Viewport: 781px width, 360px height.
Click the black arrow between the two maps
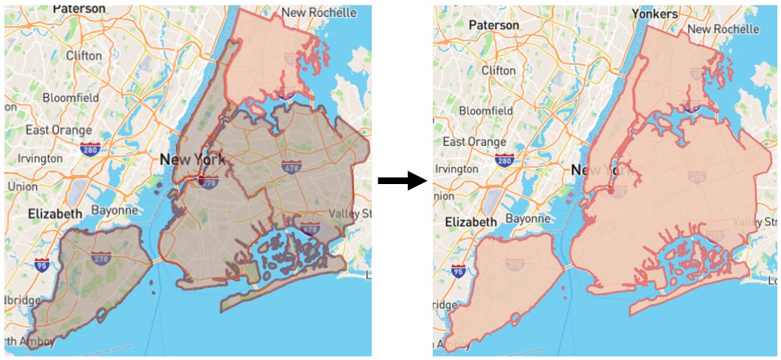click(x=402, y=181)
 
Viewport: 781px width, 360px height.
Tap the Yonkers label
click(x=654, y=14)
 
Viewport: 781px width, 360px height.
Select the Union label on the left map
click(x=22, y=186)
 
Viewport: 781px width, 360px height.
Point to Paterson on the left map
click(x=79, y=9)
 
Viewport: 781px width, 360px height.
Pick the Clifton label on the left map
click(x=84, y=55)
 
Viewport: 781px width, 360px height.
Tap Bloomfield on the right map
click(x=486, y=110)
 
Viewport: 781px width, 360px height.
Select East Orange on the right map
click(x=475, y=141)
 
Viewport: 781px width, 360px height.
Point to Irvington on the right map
click(x=456, y=169)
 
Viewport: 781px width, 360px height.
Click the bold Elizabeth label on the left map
click(x=55, y=213)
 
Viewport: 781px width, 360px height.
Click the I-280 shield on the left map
click(x=91, y=149)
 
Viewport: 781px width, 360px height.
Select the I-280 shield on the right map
click(x=504, y=160)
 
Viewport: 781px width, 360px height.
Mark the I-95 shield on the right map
click(x=459, y=272)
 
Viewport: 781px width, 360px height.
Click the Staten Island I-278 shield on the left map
click(x=101, y=258)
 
